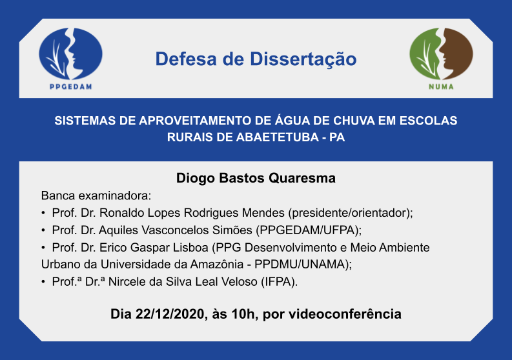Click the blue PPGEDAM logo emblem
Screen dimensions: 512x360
[70, 54]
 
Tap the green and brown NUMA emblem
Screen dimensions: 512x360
[441, 54]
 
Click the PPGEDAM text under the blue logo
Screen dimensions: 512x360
[70, 86]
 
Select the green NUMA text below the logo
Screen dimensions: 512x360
[441, 86]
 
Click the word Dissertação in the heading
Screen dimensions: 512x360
[303, 59]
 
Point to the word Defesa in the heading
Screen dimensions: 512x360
[186, 59]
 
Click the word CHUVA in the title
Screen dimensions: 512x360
[354, 121]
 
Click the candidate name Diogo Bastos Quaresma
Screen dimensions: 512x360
[256, 178]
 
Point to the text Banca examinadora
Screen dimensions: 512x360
[96, 196]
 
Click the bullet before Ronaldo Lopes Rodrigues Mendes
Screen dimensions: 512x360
[43, 213]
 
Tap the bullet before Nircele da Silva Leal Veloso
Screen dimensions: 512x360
[43, 282]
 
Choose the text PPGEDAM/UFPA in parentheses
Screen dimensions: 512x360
[307, 230]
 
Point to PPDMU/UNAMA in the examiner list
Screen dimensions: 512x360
[300, 265]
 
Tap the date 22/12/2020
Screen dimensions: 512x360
[170, 314]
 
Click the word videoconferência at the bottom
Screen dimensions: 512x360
[345, 314]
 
